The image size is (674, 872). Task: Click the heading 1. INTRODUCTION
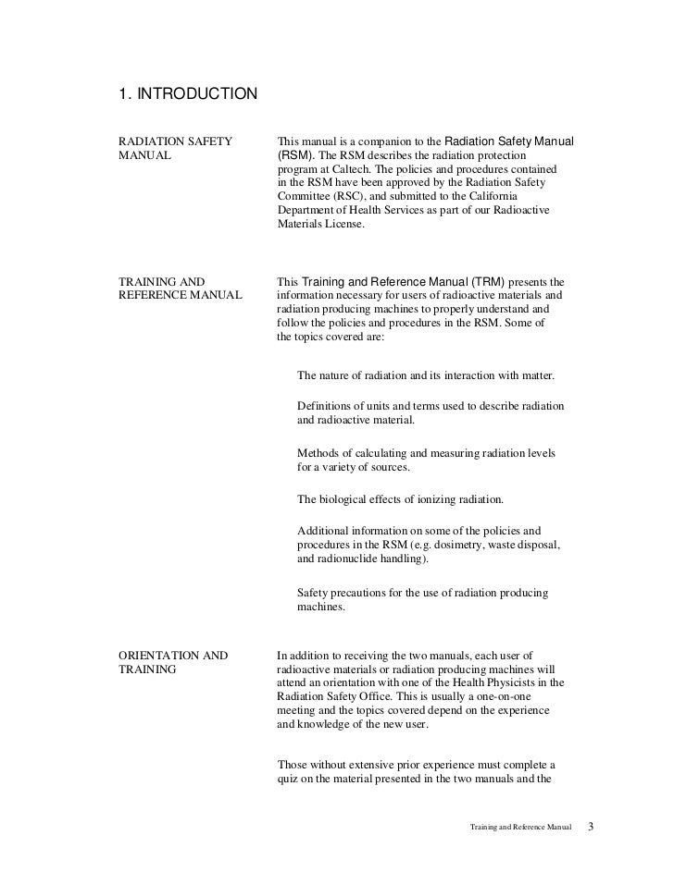189,93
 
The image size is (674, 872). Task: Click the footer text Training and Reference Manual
521,824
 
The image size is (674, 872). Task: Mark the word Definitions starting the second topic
329,406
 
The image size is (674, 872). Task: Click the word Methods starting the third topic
320,453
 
